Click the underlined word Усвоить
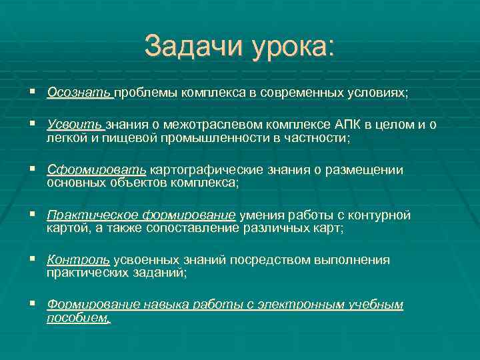click(x=75, y=125)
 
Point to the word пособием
click(x=77, y=318)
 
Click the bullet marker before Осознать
click(x=33, y=93)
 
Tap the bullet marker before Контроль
click(x=33, y=260)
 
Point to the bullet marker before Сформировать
click(x=33, y=170)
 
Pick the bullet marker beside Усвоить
click(x=33, y=125)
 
